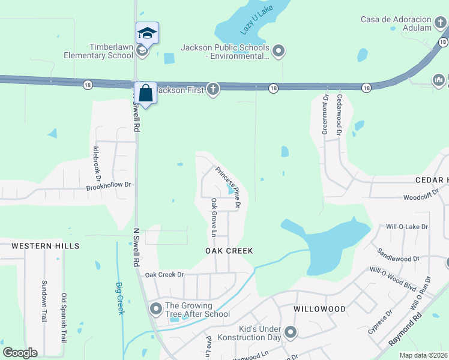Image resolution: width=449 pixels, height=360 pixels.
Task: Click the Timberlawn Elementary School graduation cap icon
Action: [x=147, y=32]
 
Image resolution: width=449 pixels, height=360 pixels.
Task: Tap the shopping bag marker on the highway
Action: [x=146, y=93]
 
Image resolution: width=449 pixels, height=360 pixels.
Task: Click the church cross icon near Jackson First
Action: [x=212, y=89]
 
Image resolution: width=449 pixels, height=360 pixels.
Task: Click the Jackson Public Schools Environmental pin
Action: [x=279, y=52]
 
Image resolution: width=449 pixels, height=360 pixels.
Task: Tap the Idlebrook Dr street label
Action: [x=97, y=162]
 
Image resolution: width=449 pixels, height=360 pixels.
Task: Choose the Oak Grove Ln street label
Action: [x=214, y=217]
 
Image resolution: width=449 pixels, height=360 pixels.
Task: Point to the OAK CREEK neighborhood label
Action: [x=229, y=251]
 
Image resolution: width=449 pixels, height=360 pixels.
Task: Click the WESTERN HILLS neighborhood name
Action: [x=46, y=246]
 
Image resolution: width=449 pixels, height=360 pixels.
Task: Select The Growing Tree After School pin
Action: [x=157, y=310]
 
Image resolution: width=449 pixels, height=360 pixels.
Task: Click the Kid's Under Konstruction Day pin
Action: [x=291, y=332]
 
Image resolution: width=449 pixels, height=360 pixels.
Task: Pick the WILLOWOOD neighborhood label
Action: [x=320, y=309]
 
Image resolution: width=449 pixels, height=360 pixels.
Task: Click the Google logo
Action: [x=20, y=353]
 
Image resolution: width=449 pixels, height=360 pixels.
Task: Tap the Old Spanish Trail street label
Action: [x=64, y=317]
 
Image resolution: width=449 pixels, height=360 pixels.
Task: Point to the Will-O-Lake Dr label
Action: [x=406, y=227]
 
